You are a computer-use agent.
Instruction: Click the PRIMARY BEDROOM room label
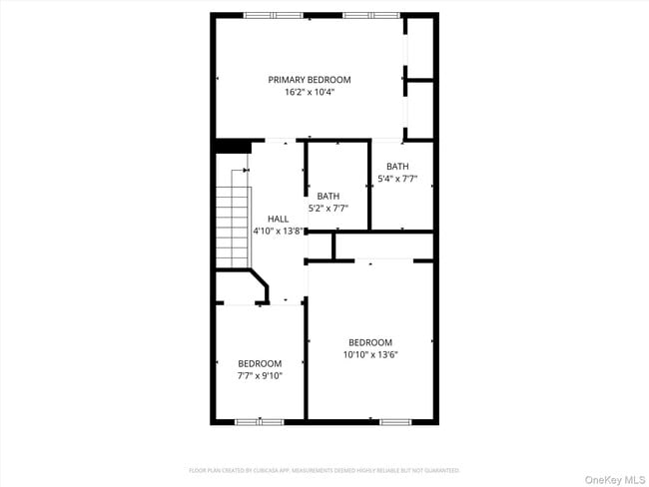(309, 80)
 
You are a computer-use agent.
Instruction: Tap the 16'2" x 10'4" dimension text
(309, 92)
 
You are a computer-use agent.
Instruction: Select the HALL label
(278, 219)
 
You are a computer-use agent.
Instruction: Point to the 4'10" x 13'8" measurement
(278, 231)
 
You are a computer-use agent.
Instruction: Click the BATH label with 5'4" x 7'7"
(397, 167)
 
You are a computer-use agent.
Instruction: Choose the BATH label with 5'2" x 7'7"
(328, 196)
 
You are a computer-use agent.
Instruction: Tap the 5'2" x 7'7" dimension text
(328, 209)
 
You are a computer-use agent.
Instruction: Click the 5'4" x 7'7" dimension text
(397, 180)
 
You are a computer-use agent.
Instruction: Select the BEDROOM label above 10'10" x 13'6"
(369, 342)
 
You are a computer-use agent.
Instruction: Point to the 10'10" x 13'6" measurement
(369, 354)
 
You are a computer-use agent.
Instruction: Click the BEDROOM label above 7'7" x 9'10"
(260, 363)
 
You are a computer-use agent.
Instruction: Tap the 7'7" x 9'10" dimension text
(260, 376)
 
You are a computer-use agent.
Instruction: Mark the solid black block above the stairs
(232, 147)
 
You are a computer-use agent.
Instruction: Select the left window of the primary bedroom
(273, 16)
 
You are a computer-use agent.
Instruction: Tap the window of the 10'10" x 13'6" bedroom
(394, 421)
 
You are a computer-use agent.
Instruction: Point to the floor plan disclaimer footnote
(324, 470)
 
